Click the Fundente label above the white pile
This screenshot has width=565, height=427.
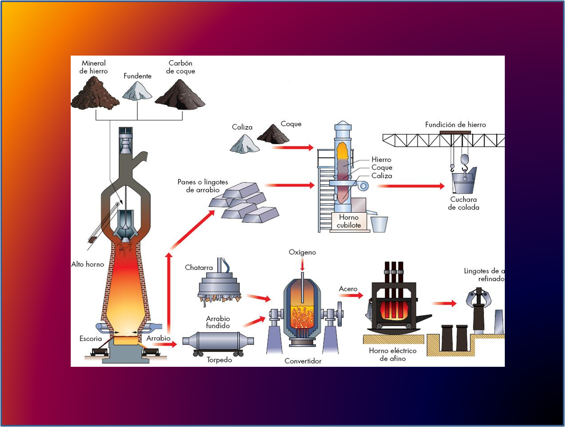point(137,76)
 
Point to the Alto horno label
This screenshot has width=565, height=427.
point(88,264)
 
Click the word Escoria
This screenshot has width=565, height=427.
point(91,339)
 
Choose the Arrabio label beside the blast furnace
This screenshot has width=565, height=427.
point(158,338)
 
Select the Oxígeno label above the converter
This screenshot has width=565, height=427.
point(302,252)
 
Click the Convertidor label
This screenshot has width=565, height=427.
point(303,361)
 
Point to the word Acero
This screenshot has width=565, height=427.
point(348,289)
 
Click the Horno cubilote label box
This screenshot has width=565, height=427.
point(349,221)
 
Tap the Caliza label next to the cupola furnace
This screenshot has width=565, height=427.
point(381,176)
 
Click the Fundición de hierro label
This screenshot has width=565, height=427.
point(455,125)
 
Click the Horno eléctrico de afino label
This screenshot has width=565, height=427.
point(392,355)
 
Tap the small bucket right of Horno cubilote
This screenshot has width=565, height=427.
point(379,224)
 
